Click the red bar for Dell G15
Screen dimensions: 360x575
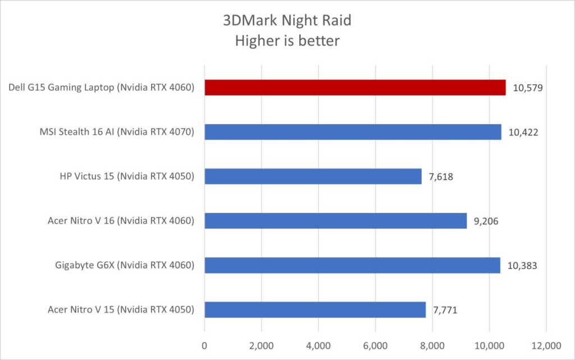tap(355, 88)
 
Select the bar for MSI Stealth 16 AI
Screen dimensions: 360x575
tap(353, 132)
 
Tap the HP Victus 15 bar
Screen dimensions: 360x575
tap(313, 176)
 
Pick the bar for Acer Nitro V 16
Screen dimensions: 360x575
tap(335, 221)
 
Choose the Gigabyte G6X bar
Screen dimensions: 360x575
tap(352, 265)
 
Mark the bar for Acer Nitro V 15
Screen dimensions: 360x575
tap(315, 309)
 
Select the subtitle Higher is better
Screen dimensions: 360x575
tap(287, 42)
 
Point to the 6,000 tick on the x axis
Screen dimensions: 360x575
tap(375, 344)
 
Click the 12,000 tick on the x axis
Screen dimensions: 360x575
tap(546, 344)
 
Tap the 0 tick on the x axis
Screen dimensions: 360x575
tap(204, 344)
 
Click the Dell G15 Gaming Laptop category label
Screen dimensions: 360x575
tap(102, 88)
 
